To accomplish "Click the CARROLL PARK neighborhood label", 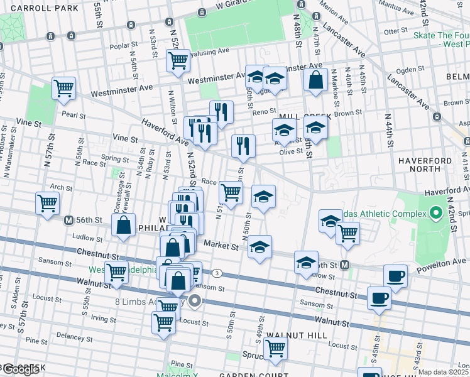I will (39, 8).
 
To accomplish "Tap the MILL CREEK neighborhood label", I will (297, 117).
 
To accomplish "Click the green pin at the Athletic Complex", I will (434, 214).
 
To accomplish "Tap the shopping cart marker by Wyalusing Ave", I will (178, 61).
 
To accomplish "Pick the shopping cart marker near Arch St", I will (48, 204).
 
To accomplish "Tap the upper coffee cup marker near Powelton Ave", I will (395, 276).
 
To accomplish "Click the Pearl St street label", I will (74, 116).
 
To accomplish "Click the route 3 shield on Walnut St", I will (217, 273).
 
